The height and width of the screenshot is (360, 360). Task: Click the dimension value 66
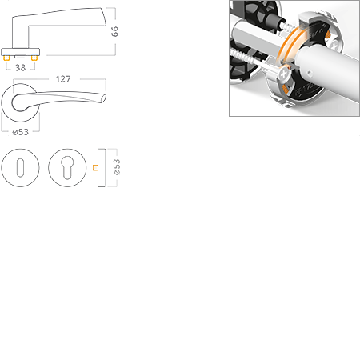(114, 31)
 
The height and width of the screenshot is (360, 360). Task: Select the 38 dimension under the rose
(21, 68)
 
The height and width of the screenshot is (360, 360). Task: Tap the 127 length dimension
(63, 79)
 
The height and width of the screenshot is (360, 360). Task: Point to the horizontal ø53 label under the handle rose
(21, 132)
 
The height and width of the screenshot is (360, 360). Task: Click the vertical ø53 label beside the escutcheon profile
(117, 167)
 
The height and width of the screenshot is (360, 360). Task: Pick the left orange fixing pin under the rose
(6, 58)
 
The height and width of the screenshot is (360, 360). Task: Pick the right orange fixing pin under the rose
(34, 58)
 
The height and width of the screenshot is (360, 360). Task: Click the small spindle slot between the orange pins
(20, 57)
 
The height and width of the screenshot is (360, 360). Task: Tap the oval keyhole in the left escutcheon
(20, 168)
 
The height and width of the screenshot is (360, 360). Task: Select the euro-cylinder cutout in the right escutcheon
(67, 167)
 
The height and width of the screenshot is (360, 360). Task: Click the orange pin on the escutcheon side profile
(95, 168)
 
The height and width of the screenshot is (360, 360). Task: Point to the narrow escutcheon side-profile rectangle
(102, 168)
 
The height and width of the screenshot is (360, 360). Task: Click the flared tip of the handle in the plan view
(103, 98)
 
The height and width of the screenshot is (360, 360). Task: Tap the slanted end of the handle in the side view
(102, 17)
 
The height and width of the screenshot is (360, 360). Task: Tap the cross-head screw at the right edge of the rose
(334, 43)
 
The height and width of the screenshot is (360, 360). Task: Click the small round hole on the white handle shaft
(309, 72)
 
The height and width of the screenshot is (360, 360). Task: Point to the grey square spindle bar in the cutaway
(256, 38)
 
